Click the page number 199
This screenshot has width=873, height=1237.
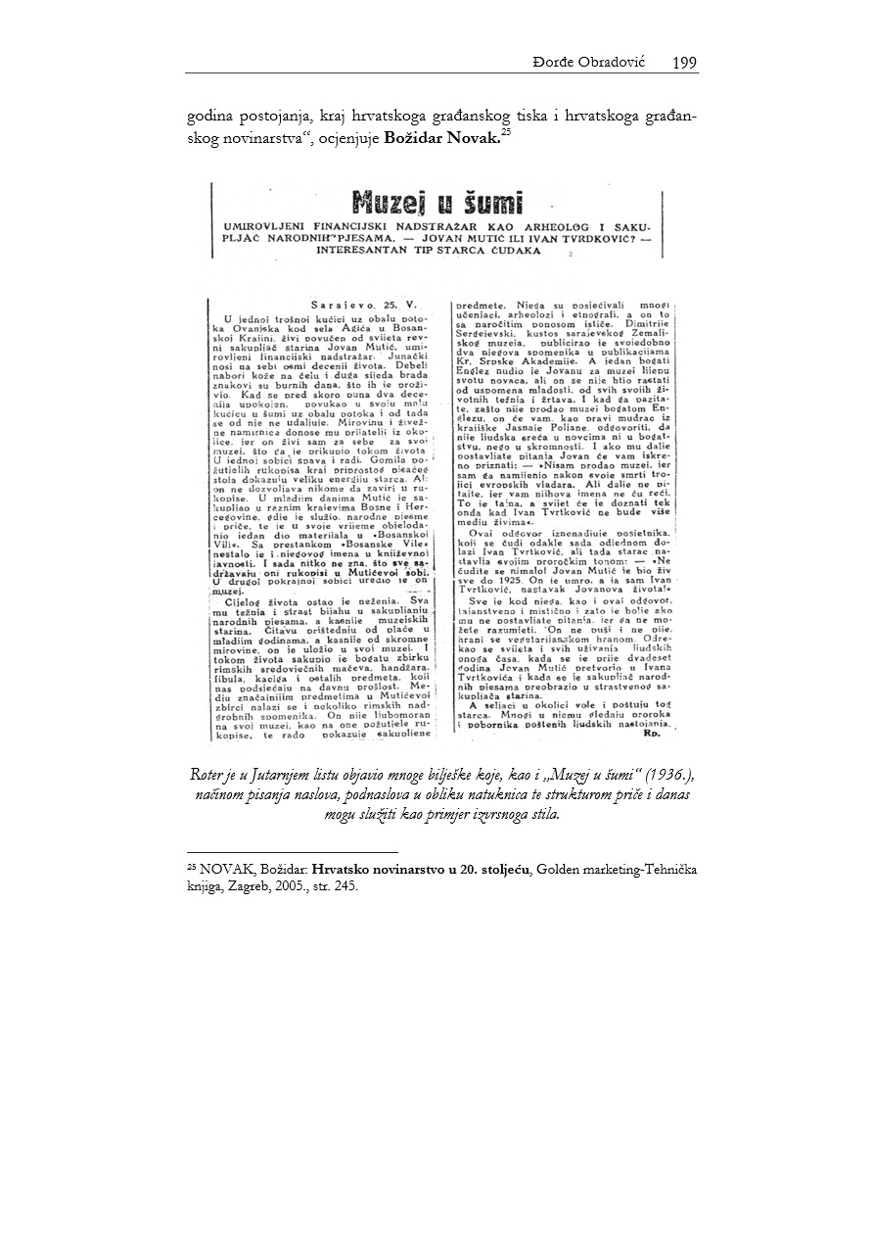click(684, 64)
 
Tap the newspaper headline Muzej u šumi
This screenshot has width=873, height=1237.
click(436, 205)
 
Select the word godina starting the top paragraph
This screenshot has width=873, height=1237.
click(211, 118)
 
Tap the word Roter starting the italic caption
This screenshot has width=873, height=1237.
click(210, 773)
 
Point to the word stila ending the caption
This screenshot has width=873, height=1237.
click(544, 814)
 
